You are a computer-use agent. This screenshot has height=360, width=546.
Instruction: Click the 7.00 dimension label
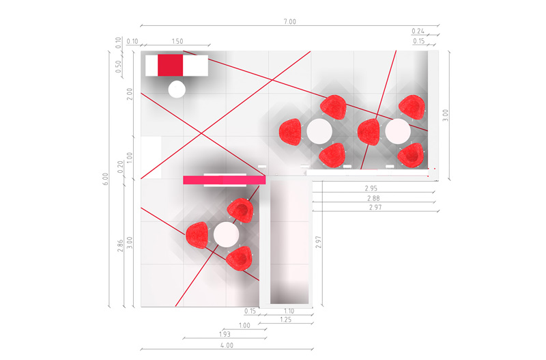coord(289,22)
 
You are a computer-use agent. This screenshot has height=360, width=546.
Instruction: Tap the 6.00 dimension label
coord(106,179)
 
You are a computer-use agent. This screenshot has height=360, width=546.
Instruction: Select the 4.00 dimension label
coord(227,346)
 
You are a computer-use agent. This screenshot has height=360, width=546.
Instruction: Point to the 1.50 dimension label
coord(177,41)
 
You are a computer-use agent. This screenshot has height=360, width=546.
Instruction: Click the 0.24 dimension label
coord(418,31)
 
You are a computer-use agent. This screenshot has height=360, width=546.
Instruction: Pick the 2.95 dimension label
coord(371,188)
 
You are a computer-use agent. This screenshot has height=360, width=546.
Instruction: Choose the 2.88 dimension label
coord(373,198)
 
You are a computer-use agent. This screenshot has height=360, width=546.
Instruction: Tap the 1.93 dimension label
coord(225,334)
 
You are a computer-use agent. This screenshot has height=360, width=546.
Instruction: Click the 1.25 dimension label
coord(285,320)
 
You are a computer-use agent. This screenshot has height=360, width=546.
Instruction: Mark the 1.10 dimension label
coord(289,311)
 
